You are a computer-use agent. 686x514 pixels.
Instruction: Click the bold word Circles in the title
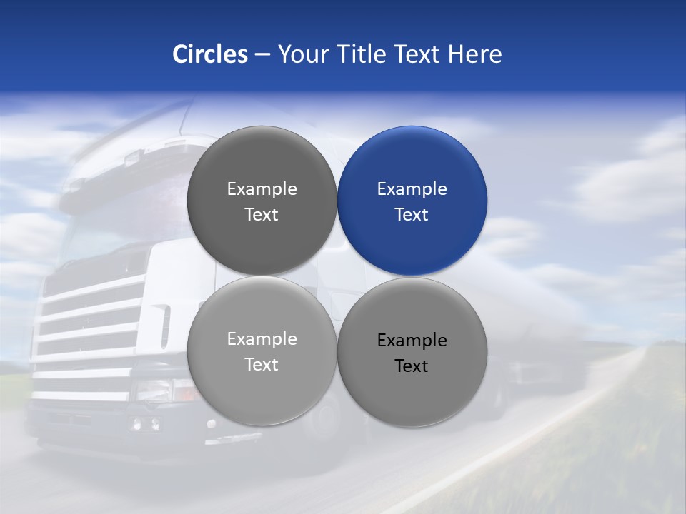pos(210,54)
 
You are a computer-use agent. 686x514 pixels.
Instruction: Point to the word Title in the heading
pos(364,54)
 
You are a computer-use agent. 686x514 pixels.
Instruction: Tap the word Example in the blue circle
pos(412,189)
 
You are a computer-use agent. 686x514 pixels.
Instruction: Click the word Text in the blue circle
pos(412,215)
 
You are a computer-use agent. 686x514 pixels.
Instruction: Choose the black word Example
pos(412,341)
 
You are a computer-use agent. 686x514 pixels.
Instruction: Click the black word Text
pos(412,366)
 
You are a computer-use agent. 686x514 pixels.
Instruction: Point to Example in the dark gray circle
pos(262,189)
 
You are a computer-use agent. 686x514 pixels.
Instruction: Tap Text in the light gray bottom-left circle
pos(262,365)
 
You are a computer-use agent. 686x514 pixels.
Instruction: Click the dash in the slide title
pos(262,54)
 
